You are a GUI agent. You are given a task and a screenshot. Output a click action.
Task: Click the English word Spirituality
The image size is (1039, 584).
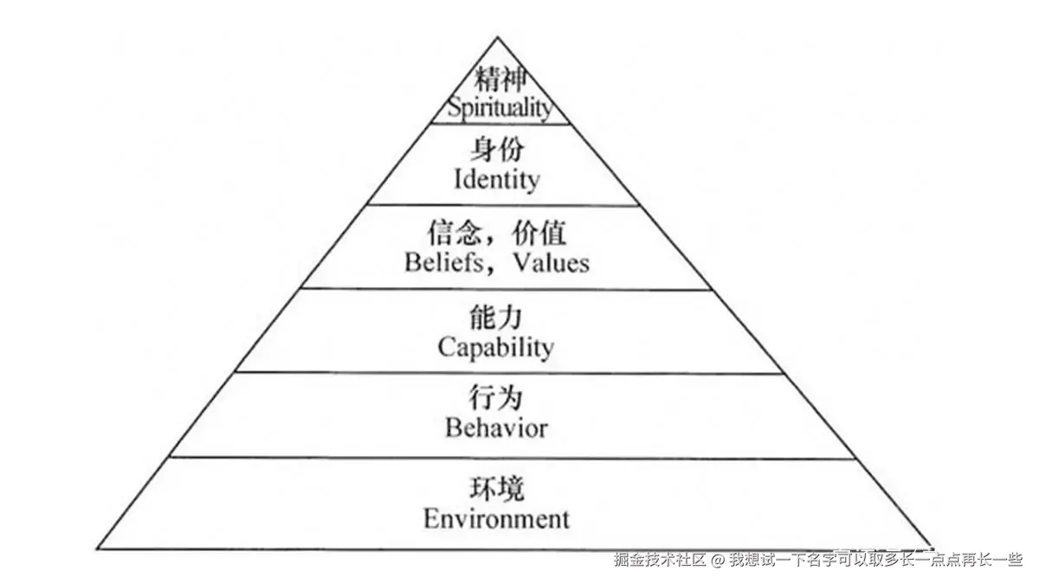pyautogui.click(x=498, y=108)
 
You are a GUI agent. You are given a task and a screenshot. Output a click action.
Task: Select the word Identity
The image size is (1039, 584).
pyautogui.click(x=496, y=180)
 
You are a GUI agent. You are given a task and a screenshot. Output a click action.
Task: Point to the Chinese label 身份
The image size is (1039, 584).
pyautogui.click(x=497, y=151)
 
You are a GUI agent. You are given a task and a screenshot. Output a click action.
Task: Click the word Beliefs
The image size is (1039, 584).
pyautogui.click(x=445, y=262)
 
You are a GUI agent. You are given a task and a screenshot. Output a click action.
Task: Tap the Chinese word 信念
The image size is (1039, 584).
pyautogui.click(x=451, y=234)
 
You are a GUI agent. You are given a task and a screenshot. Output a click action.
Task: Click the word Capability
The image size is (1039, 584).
pyautogui.click(x=495, y=347)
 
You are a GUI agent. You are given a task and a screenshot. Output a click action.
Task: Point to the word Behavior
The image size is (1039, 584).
pyautogui.click(x=496, y=427)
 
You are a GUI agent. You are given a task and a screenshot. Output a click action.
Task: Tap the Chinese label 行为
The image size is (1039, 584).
pyautogui.click(x=496, y=399)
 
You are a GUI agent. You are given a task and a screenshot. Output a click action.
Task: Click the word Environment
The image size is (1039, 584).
pyautogui.click(x=496, y=518)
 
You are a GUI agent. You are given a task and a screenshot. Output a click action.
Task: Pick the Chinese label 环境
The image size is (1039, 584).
pyautogui.click(x=496, y=490)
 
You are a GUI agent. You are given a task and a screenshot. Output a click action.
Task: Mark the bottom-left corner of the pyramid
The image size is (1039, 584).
pyautogui.click(x=98, y=548)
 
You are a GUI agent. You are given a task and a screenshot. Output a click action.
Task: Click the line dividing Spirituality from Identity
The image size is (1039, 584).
pyautogui.click(x=500, y=124)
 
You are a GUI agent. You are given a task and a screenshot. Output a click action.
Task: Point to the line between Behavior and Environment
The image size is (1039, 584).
pyautogui.click(x=500, y=458)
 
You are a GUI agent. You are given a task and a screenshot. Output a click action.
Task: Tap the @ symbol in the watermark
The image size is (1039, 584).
pyautogui.click(x=718, y=560)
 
